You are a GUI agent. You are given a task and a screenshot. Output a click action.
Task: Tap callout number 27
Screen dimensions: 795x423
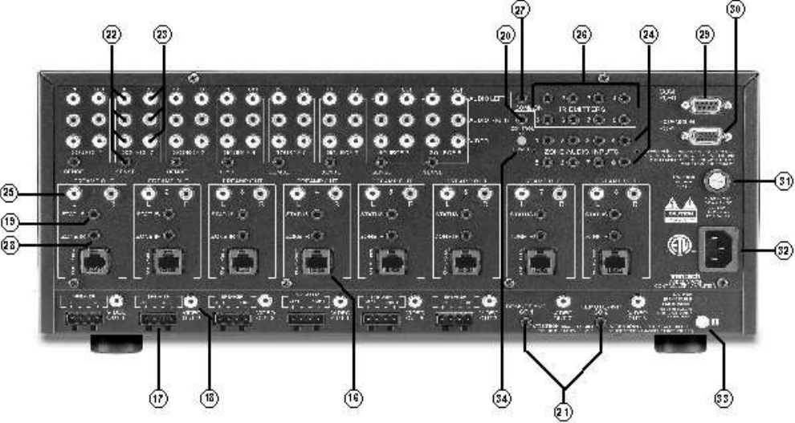(x=524, y=10)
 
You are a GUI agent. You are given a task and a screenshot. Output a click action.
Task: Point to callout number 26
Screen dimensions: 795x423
(x=583, y=36)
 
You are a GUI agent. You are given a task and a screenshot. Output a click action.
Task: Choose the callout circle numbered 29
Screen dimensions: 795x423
(x=706, y=36)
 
